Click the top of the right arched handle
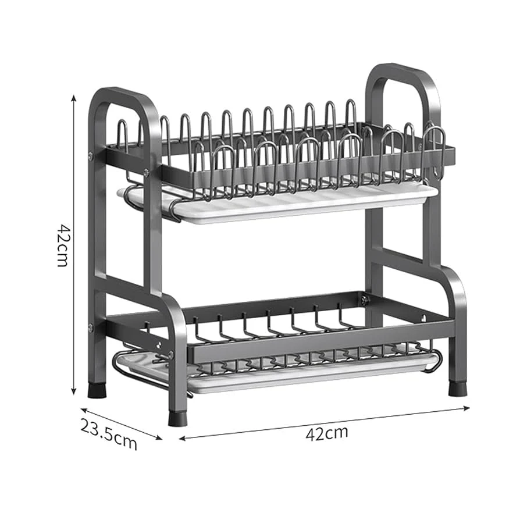401,70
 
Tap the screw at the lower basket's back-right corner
365,301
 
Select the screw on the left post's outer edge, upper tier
91,155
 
